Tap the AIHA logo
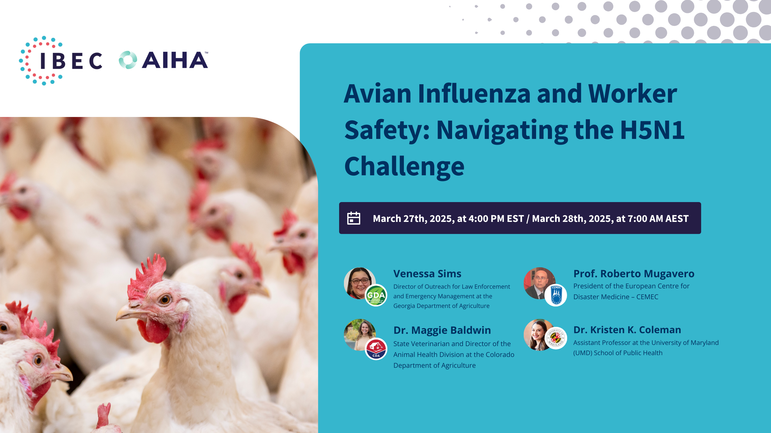click(x=164, y=60)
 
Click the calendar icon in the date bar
click(x=354, y=218)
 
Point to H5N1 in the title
click(x=652, y=130)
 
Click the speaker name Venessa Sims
click(x=427, y=274)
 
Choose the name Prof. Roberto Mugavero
click(x=634, y=274)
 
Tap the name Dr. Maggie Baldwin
click(x=442, y=330)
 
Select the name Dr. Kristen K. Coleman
click(x=627, y=330)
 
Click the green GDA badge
click(x=376, y=295)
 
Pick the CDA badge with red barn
click(x=376, y=349)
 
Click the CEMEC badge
click(x=556, y=295)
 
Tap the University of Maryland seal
click(x=556, y=338)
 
